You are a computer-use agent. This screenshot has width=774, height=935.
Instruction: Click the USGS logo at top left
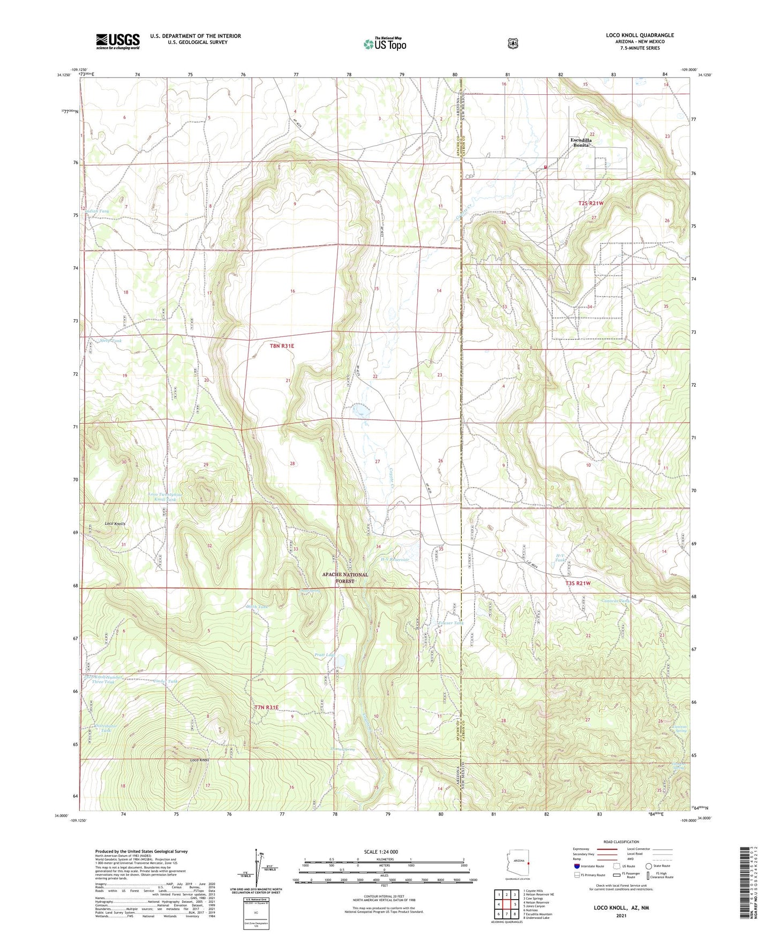pos(118,41)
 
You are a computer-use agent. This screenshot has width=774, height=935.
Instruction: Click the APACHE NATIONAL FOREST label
pos(345,577)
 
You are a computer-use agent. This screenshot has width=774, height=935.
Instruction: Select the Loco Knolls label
pos(115,523)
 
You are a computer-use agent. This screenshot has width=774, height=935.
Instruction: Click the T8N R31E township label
pos(282,346)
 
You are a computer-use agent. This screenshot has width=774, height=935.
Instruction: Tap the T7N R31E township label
pos(266,707)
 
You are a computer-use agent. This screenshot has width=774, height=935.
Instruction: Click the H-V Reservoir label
pos(395,560)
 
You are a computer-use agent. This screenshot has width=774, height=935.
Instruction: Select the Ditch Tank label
pos(257,607)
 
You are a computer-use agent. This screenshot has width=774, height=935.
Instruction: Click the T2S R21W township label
pos(591,203)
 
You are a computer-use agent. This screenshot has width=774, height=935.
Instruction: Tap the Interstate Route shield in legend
pos(576,866)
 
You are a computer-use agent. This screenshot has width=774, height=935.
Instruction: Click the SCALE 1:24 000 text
pos(381,851)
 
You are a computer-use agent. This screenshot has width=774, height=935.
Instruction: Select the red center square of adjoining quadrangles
pos(506,904)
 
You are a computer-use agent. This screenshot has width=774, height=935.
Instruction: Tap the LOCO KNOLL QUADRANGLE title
pos(640,35)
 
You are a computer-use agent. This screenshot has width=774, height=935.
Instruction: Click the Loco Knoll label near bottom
pos(199,760)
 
